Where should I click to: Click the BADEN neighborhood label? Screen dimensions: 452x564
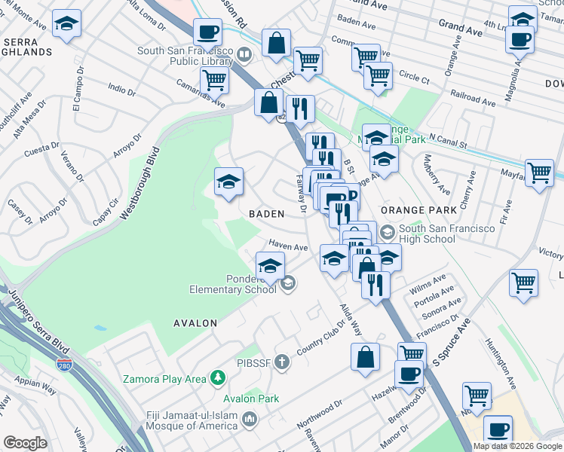[x=267, y=214]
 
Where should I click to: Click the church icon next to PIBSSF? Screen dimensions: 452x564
[x=282, y=363]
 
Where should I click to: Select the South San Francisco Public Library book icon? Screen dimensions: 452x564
[x=244, y=54]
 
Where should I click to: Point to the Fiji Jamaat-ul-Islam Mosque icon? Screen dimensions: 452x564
[x=251, y=418]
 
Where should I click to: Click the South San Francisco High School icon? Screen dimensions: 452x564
[x=388, y=231]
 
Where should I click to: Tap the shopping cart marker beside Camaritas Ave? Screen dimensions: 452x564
[x=215, y=79]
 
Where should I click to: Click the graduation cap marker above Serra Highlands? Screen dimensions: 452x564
[x=67, y=25]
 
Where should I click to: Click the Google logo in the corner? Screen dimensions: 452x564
[x=25, y=443]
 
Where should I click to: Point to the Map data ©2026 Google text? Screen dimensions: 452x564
[x=516, y=446]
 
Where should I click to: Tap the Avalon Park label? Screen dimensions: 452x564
[x=251, y=399]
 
